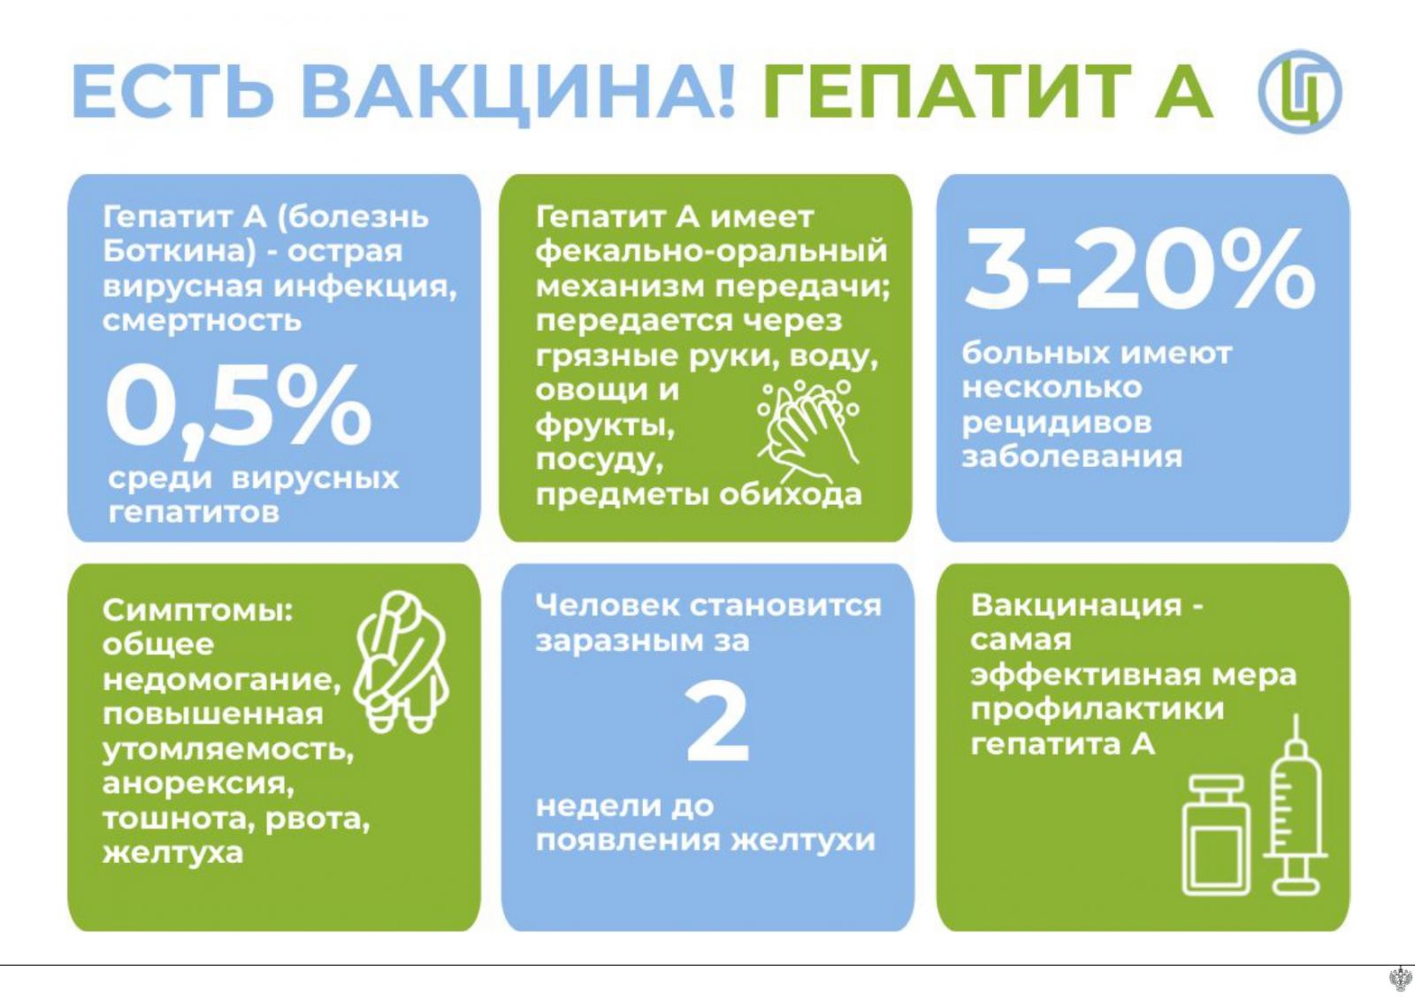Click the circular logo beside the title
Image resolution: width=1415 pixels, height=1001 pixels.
pyautogui.click(x=1299, y=92)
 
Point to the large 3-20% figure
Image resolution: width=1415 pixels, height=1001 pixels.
pyautogui.click(x=1140, y=270)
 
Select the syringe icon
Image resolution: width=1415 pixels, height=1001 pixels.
pyautogui.click(x=1296, y=805)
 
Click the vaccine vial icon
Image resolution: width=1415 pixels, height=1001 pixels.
pyautogui.click(x=1216, y=835)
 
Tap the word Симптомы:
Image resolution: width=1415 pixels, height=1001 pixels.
pyautogui.click(x=198, y=611)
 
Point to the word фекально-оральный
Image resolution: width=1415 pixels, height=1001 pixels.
pyautogui.click(x=711, y=252)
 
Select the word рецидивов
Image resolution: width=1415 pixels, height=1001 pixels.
pyautogui.click(x=1057, y=424)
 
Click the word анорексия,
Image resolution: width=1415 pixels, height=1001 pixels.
pyautogui.click(x=198, y=785)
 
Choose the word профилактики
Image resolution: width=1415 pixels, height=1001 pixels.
pyautogui.click(x=1098, y=710)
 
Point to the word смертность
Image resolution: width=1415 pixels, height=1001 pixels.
pyautogui.click(x=203, y=322)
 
